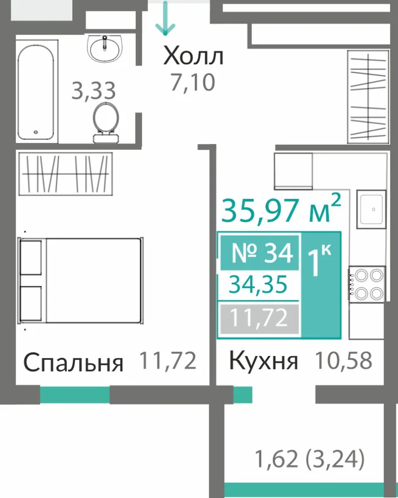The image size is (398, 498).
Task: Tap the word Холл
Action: coord(193,56)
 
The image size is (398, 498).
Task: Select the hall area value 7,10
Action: coord(193,82)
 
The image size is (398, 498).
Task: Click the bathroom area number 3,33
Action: coord(93,91)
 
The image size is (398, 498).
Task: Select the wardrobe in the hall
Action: coord(368,96)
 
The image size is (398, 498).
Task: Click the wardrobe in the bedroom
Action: coord(65,174)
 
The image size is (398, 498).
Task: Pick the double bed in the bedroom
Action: coord(81,281)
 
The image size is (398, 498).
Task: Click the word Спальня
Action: coord(73,362)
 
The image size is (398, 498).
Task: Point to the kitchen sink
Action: coord(371,209)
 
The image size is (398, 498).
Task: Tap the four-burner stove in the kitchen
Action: coord(367,284)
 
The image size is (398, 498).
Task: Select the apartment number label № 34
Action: coord(260,253)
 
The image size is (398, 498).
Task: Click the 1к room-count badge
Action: coord(320,285)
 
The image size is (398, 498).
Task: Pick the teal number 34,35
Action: coord(258,284)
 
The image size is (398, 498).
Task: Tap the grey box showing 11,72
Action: coord(260,319)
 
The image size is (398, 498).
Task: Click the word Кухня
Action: coord(263,361)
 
